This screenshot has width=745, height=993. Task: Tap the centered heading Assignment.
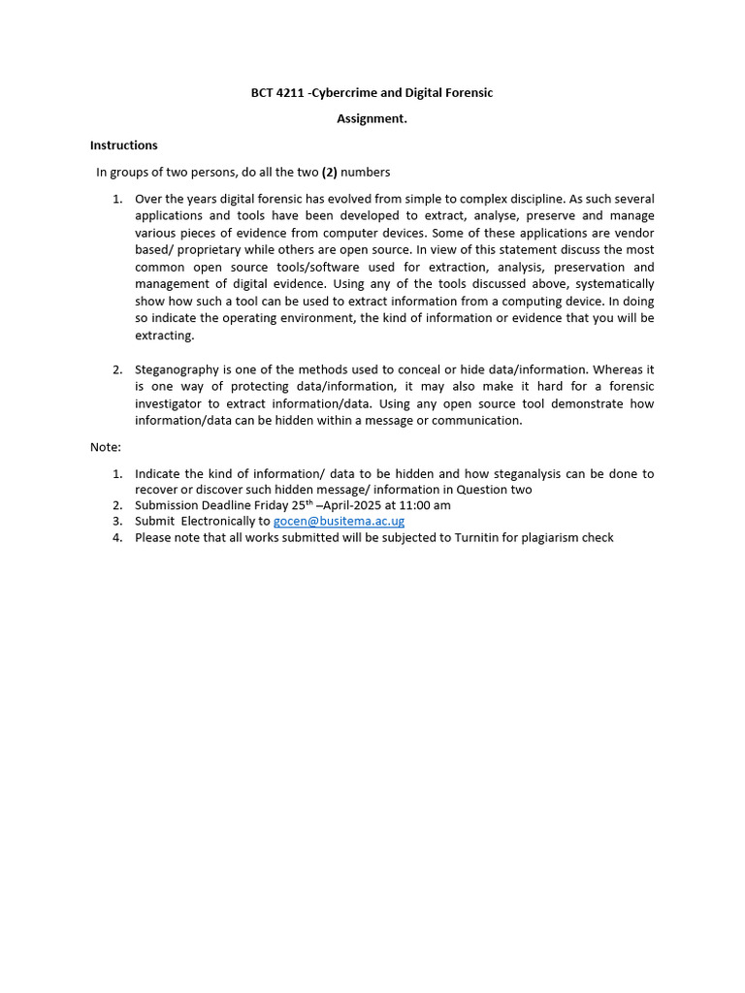click(372, 118)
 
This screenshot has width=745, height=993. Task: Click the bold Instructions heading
click(123, 145)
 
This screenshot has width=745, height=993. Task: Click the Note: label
click(106, 447)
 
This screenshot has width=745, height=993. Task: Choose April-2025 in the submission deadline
click(352, 505)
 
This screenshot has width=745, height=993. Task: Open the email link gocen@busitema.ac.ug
click(339, 521)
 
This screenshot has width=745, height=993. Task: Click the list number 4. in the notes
click(117, 537)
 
